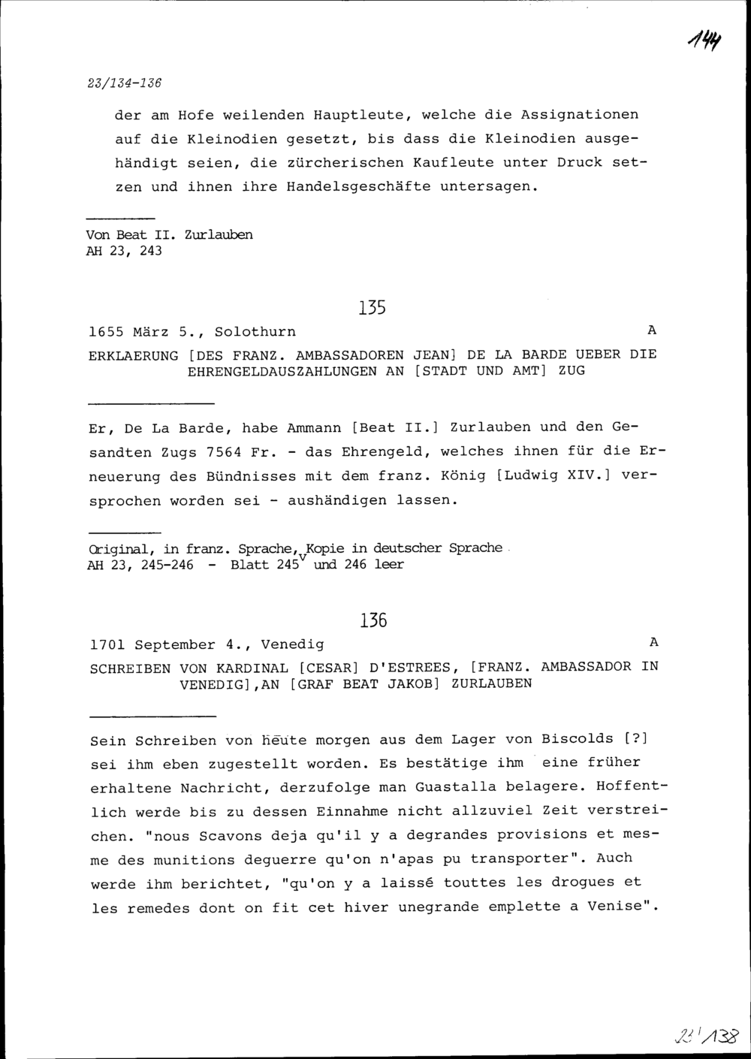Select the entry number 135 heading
tap(372, 308)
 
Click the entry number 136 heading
tap(372, 620)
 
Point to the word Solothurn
tap(255, 331)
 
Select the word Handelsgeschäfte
tap(359, 187)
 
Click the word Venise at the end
tap(617, 907)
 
